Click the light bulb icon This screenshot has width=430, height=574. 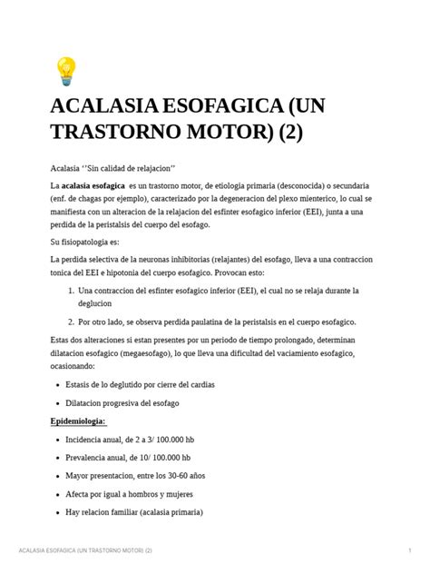(66, 70)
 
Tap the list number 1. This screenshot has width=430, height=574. (71, 291)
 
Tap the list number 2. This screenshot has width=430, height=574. (71, 322)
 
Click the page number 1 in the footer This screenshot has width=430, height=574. (411, 551)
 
